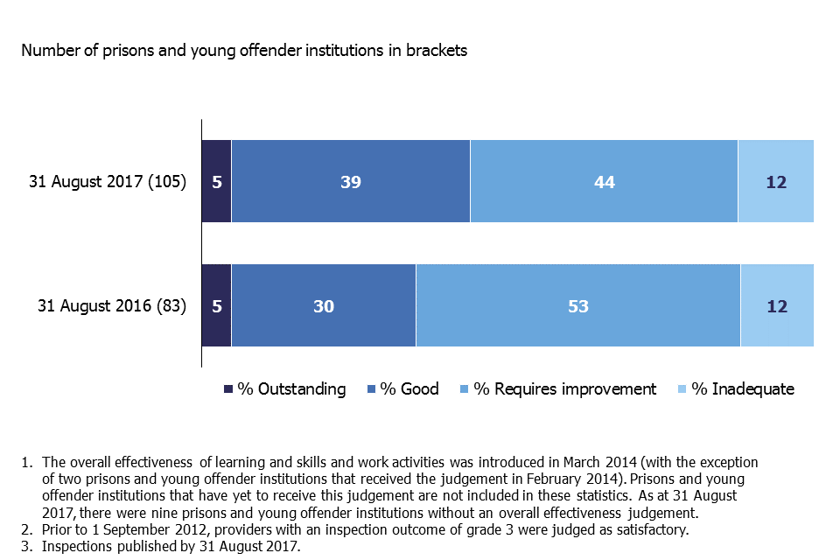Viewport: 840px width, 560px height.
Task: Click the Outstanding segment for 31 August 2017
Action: point(216,182)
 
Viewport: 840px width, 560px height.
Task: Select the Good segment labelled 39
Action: point(350,182)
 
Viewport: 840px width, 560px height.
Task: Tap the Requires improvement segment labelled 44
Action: point(604,182)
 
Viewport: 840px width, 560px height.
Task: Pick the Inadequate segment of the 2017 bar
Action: point(775,182)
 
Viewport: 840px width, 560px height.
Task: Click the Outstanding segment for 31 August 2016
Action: point(216,306)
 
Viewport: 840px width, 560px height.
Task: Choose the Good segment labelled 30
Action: point(324,306)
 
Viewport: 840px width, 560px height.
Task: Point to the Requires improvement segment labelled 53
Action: point(577,306)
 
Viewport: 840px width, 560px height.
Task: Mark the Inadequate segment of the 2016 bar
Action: point(777,306)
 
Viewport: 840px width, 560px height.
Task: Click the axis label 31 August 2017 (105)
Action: point(108,183)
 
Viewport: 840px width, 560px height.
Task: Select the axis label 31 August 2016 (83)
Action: point(112,307)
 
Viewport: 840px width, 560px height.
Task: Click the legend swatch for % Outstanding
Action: point(229,389)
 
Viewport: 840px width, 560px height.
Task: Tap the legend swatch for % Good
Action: point(372,389)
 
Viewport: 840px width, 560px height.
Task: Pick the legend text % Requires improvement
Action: point(564,389)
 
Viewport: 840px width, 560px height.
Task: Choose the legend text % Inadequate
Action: point(743,389)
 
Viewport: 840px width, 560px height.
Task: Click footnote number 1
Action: point(25,461)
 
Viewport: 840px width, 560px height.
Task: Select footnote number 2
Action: point(25,530)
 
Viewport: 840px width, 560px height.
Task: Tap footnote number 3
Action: point(25,547)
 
